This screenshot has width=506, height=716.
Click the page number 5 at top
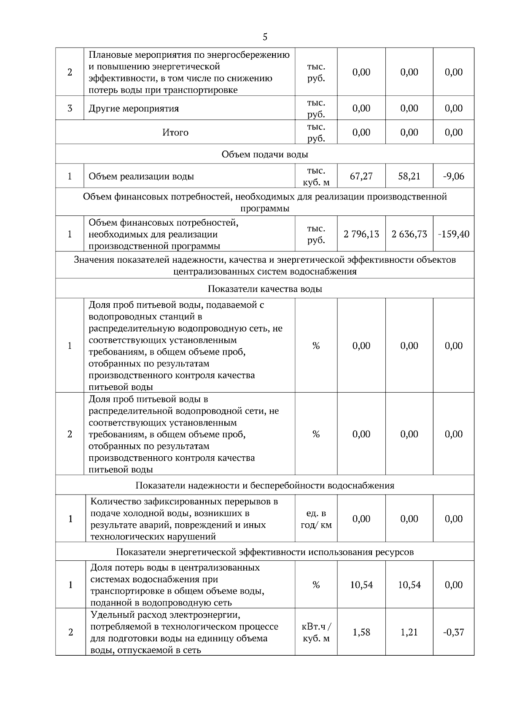pyautogui.click(x=265, y=37)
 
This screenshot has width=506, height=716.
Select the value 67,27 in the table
pyautogui.click(x=361, y=176)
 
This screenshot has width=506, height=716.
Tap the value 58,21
pyautogui.click(x=409, y=176)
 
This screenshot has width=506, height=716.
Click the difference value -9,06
pyautogui.click(x=453, y=176)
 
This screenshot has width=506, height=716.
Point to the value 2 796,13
pyautogui.click(x=361, y=234)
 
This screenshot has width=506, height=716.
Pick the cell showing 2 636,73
pyautogui.click(x=409, y=234)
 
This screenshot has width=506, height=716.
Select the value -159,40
pyautogui.click(x=453, y=234)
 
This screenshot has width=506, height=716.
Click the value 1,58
pyautogui.click(x=361, y=632)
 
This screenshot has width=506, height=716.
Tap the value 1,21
pyautogui.click(x=409, y=632)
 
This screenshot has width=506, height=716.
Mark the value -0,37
pyautogui.click(x=453, y=632)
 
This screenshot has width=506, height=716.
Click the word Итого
pyautogui.click(x=175, y=132)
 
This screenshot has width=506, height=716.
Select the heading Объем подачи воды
pyautogui.click(x=265, y=154)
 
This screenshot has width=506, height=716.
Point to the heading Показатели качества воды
pyautogui.click(x=265, y=289)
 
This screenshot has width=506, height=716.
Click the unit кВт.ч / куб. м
pyautogui.click(x=316, y=632)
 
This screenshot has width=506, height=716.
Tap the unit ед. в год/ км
pyautogui.click(x=316, y=519)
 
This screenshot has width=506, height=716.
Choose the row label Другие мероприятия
pyautogui.click(x=134, y=109)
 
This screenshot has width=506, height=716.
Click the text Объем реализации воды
pyautogui.click(x=141, y=177)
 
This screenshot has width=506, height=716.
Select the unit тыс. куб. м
pyautogui.click(x=316, y=176)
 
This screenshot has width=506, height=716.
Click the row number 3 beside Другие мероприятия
pyautogui.click(x=70, y=108)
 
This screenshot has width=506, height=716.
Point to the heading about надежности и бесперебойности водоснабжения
pyautogui.click(x=265, y=485)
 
